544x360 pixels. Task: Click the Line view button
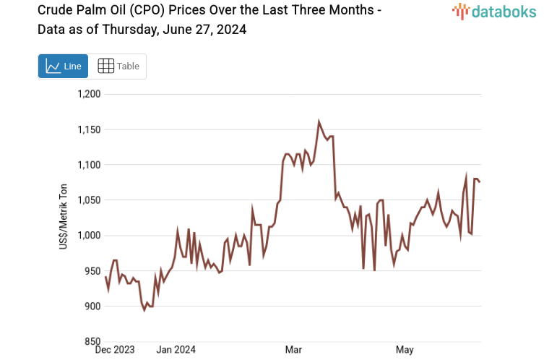pos(63,67)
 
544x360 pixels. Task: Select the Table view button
pos(118,67)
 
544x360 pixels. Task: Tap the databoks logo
pos(493,11)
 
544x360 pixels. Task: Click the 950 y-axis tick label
pos(93,271)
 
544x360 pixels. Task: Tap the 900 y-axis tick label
pos(93,307)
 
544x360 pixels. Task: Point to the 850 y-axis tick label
pos(93,342)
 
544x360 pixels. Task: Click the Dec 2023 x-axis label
pos(116,351)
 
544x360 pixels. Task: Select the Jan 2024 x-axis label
pos(176,351)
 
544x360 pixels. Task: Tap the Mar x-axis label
pos(293,351)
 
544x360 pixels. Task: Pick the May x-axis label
pos(405,351)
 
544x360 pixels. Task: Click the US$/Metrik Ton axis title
pos(63,218)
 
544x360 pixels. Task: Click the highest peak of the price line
pos(319,122)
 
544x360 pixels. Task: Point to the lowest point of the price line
pos(144,310)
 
